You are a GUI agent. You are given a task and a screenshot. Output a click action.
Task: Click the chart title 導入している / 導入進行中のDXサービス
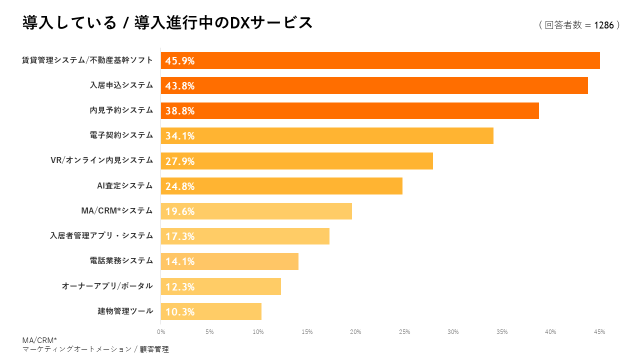[x=167, y=23]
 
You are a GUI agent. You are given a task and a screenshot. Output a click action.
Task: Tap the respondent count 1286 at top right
[x=603, y=25]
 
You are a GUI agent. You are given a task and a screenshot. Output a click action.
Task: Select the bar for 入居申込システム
[x=374, y=85]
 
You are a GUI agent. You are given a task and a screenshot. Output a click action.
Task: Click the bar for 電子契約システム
[x=327, y=135]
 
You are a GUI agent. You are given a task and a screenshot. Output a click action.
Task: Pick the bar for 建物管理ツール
[x=211, y=311]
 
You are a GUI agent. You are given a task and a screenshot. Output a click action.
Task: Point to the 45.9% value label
[x=180, y=61]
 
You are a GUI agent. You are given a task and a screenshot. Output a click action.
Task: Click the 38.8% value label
[x=180, y=111]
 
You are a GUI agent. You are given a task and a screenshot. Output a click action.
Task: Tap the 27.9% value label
[x=180, y=161]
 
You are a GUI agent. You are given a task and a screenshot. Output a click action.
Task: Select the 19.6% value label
[x=180, y=211]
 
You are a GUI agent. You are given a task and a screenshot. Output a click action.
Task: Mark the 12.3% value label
[x=180, y=287]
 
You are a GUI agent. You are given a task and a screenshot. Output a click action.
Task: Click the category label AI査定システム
[x=124, y=185]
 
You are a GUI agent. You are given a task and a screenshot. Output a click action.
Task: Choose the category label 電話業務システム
[x=121, y=260]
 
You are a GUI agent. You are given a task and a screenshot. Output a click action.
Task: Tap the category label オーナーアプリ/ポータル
[x=107, y=286]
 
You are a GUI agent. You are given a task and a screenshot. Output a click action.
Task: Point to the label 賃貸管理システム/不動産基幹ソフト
[x=87, y=60]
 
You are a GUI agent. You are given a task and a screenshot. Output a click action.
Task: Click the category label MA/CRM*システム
[x=116, y=210]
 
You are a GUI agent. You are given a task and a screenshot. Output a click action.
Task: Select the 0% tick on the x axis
[x=161, y=332]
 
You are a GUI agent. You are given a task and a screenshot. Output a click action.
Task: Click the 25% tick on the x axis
[x=404, y=332]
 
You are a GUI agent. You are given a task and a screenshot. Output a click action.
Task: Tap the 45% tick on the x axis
[x=599, y=332]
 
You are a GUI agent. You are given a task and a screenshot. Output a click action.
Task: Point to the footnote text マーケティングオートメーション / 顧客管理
[x=95, y=349]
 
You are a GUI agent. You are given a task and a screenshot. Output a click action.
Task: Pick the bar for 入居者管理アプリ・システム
[x=245, y=236]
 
